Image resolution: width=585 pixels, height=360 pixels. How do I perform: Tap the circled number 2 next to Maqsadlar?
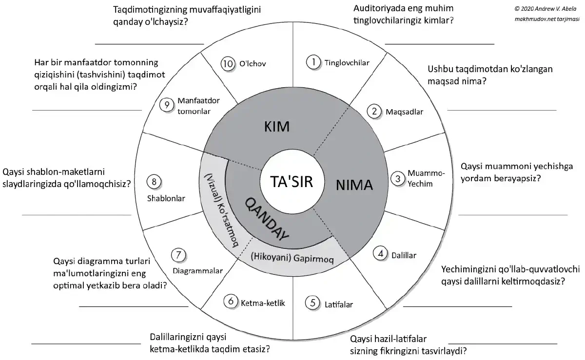[374, 112]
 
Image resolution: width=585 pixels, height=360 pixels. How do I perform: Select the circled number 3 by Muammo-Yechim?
[399, 178]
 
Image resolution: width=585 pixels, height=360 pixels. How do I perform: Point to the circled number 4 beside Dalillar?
[381, 254]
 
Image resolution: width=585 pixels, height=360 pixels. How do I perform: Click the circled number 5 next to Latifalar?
[312, 303]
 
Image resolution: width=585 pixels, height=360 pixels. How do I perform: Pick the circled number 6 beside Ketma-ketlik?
[230, 302]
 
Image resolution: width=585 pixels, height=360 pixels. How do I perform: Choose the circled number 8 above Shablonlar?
[154, 182]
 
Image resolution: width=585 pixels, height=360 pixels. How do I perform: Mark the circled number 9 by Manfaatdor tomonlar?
[167, 104]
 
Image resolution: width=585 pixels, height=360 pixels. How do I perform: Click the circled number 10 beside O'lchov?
[228, 63]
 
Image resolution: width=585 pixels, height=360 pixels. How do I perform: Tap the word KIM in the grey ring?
[277, 127]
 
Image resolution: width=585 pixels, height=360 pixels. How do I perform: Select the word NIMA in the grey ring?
[354, 185]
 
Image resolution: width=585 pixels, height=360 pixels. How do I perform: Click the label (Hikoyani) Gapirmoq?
[292, 258]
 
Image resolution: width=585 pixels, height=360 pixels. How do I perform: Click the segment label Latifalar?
[338, 305]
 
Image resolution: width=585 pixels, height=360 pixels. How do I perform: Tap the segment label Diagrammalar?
[197, 271]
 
